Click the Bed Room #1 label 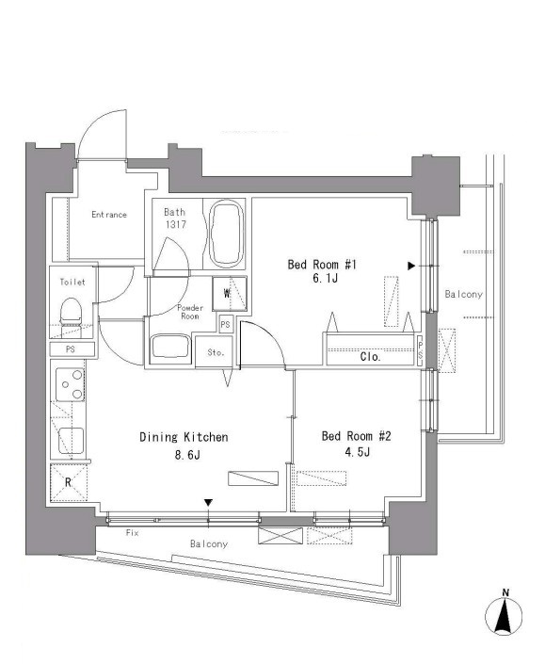coord(322,265)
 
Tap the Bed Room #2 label coord(357,436)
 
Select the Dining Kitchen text coord(184,437)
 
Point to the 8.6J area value coord(186,455)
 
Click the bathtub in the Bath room coord(227,234)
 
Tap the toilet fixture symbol coord(71,313)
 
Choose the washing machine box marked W coord(230,294)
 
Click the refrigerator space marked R coord(68,483)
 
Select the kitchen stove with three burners coord(71,384)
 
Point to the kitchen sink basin coord(71,441)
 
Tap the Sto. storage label coord(216,352)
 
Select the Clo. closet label coord(371,357)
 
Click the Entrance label coord(109,215)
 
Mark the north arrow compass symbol coord(504,615)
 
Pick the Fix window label coord(132,533)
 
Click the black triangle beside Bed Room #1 coord(411,266)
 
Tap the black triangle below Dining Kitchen coord(208,503)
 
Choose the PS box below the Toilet coord(72,349)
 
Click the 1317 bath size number coord(175,224)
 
